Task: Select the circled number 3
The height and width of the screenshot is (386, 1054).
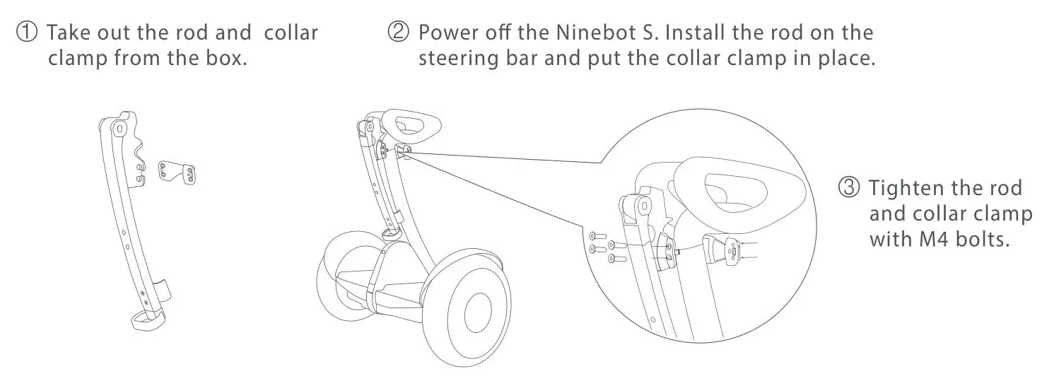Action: [x=849, y=189]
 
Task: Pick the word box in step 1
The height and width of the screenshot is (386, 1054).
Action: [x=227, y=58]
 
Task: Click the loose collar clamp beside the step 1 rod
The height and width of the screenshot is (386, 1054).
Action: [x=177, y=172]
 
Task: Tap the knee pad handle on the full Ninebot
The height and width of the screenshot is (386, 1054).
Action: [x=406, y=127]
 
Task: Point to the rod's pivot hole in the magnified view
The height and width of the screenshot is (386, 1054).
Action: [x=643, y=206]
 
